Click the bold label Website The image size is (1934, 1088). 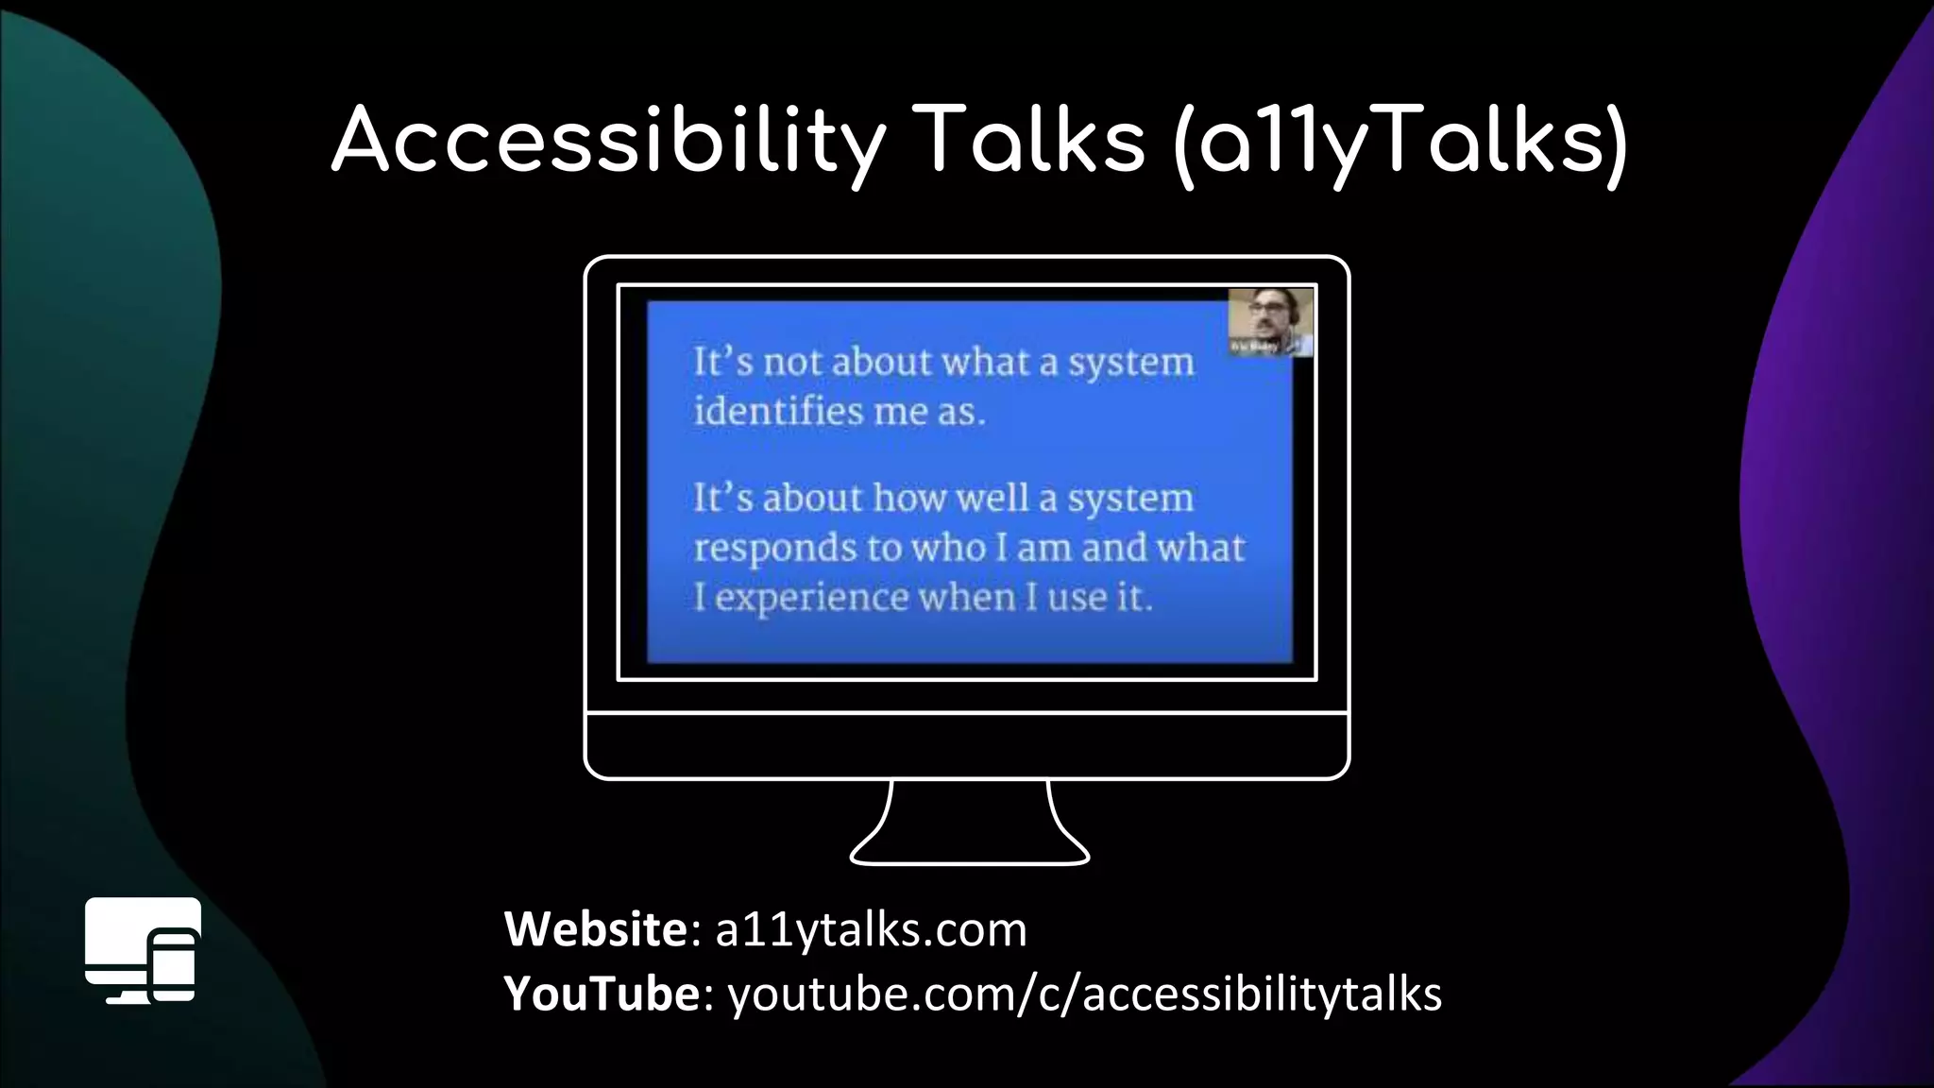pos(597,929)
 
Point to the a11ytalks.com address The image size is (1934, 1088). pos(871,929)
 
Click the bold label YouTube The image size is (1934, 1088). pos(602,994)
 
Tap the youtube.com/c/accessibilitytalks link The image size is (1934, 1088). pos(1084,994)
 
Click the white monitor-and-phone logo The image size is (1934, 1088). pos(143,949)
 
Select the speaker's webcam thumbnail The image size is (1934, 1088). pos(1270,322)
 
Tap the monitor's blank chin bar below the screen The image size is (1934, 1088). pos(967,745)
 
